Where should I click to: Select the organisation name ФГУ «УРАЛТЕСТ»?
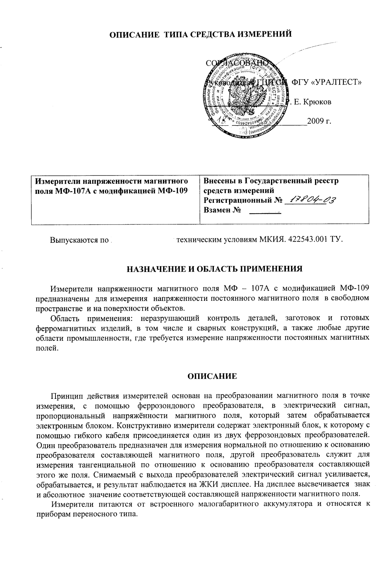click(x=327, y=82)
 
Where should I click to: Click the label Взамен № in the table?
click(x=222, y=210)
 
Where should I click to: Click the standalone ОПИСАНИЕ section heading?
click(x=212, y=376)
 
